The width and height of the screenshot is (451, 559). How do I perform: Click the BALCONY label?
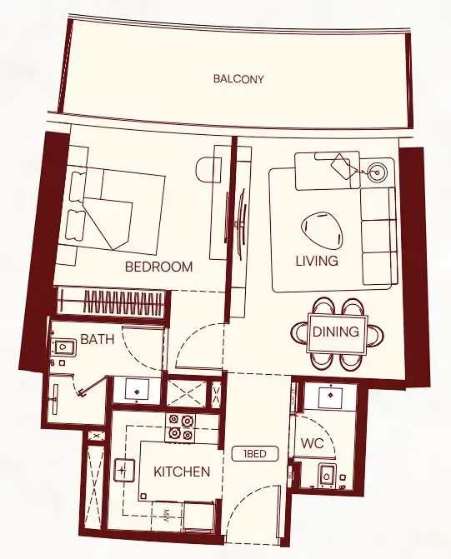pos(238,79)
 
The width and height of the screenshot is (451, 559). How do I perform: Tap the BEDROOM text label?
pos(158,267)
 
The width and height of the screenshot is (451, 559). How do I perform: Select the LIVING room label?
pos(317,261)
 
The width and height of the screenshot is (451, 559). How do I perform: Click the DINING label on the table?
pos(335,332)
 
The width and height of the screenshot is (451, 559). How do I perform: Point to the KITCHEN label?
pos(182,472)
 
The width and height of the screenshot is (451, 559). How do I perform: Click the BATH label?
pos(97,340)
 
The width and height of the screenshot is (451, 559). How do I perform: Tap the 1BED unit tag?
pos(254,454)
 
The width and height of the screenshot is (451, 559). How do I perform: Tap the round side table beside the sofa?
pos(378,174)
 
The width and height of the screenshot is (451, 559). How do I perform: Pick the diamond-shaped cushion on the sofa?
pos(342,166)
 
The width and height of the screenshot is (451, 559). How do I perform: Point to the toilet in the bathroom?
pos(60,351)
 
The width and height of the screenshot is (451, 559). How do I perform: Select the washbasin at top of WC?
pos(331,396)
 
